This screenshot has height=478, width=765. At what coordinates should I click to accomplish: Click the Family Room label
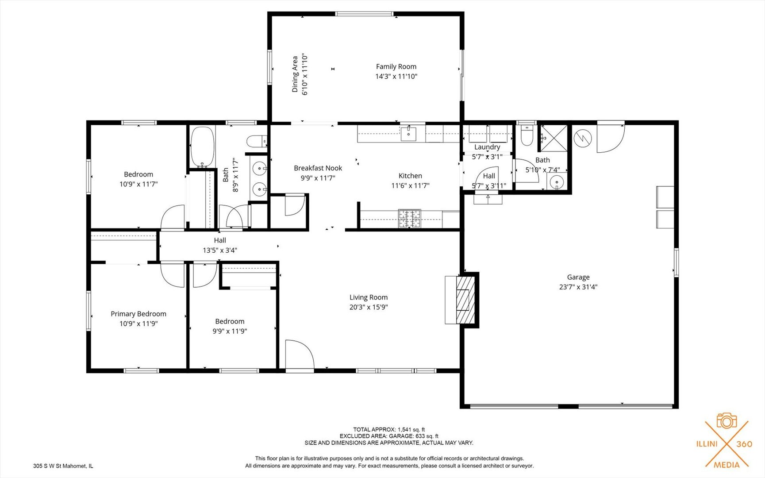click(396, 66)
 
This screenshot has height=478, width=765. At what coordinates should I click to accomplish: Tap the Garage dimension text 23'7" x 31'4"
click(578, 287)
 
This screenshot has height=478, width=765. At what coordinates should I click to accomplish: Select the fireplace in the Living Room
click(461, 300)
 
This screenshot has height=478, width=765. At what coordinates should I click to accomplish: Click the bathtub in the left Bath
click(202, 147)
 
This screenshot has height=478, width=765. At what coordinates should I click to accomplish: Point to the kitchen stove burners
click(409, 219)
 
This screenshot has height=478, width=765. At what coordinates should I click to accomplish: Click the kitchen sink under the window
click(408, 133)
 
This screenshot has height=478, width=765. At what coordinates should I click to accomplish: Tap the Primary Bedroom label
click(138, 314)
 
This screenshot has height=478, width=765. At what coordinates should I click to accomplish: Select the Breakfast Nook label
click(318, 168)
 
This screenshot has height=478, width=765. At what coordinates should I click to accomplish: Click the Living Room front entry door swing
click(300, 354)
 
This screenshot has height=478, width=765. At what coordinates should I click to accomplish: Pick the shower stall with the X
click(553, 138)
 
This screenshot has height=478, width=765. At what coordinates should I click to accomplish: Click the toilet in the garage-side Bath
click(527, 136)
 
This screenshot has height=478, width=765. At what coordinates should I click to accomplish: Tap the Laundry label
click(487, 147)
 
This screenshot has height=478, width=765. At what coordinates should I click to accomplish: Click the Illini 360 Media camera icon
click(727, 421)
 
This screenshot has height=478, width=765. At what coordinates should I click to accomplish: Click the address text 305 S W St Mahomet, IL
click(63, 466)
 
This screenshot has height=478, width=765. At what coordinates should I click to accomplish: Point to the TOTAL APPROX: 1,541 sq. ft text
click(389, 429)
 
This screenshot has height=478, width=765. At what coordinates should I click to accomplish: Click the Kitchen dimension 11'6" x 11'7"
click(410, 186)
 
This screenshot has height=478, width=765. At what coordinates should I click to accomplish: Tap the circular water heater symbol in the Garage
click(583, 138)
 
